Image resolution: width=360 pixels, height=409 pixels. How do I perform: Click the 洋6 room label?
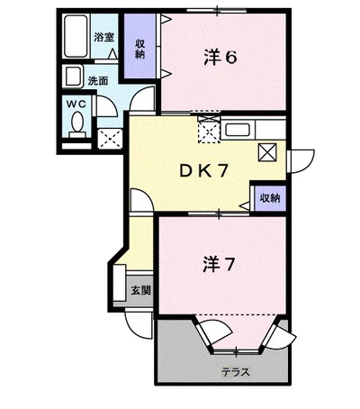[220, 57]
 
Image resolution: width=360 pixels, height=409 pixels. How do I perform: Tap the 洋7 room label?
[218, 264]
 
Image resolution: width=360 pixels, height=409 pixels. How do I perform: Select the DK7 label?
[204, 171]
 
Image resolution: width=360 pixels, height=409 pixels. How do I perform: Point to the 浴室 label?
[104, 37]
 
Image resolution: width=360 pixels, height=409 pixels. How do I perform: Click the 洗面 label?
[98, 81]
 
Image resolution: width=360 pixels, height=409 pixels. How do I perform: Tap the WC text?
[76, 105]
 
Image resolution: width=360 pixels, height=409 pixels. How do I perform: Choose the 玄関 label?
[140, 290]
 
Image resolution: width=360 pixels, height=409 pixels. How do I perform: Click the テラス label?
[236, 372]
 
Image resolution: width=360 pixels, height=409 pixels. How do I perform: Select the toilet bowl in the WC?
[77, 123]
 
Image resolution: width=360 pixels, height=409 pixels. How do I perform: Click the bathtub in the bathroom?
[76, 36]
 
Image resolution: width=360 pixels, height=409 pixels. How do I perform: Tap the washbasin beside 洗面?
[73, 77]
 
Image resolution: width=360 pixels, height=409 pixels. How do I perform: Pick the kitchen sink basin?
[238, 130]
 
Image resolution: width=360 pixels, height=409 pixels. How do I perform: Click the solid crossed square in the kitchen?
[267, 152]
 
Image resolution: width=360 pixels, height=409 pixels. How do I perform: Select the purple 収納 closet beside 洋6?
[140, 46]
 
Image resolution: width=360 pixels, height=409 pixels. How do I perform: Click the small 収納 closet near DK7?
[270, 198]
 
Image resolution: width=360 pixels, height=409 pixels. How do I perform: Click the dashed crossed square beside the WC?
[110, 139]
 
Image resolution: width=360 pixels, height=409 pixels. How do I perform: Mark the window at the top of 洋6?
[217, 11]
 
